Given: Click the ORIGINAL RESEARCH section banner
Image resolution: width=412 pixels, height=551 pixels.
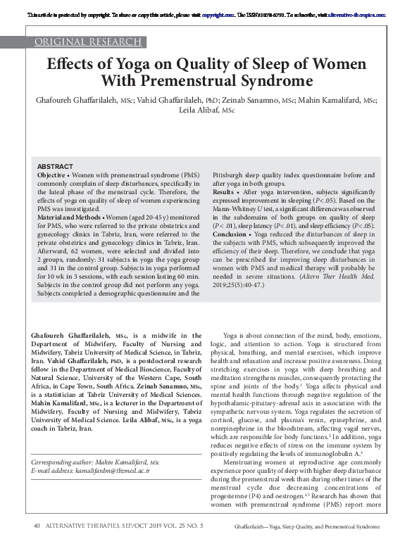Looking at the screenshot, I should [84, 43].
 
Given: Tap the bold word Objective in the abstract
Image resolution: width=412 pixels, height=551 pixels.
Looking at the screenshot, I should [54, 174].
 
